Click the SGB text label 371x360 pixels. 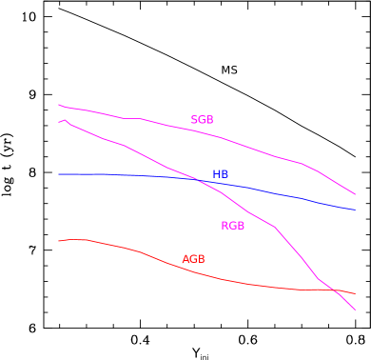[x=202, y=120]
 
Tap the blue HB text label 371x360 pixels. [x=220, y=175]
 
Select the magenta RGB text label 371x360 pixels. [x=232, y=226]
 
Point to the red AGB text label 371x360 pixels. [x=193, y=259]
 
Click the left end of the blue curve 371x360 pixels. [x=59, y=174]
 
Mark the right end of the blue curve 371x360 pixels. [x=355, y=210]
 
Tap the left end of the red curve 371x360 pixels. [x=59, y=241]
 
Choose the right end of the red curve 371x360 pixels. [x=355, y=293]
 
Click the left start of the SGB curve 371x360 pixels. [x=59, y=105]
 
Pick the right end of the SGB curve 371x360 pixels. [x=355, y=194]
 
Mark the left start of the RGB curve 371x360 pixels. [x=59, y=122]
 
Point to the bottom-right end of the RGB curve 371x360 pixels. [x=355, y=310]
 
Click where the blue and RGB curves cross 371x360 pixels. [x=198, y=179]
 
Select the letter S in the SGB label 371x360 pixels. [x=194, y=120]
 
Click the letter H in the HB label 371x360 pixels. [x=216, y=175]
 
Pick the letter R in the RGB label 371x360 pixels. [x=225, y=226]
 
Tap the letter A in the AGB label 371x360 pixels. [x=185, y=259]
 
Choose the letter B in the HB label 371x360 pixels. [x=225, y=175]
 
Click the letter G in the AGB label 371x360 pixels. [x=193, y=259]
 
